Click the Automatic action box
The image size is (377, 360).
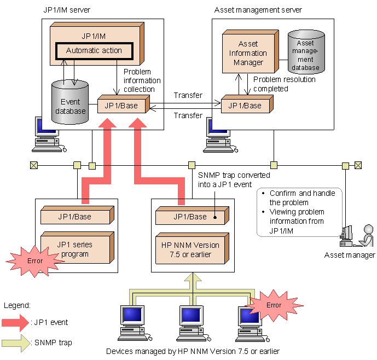pyautogui.click(x=94, y=51)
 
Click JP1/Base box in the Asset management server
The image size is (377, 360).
pyautogui.click(x=245, y=105)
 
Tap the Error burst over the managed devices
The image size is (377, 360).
pyautogui.click(x=274, y=305)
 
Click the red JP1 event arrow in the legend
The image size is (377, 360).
pyautogui.click(x=17, y=322)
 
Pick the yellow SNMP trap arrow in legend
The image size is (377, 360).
pyautogui.click(x=17, y=343)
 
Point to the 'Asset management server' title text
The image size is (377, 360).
pyautogui.click(x=258, y=10)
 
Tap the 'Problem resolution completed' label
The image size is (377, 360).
pyautogui.click(x=285, y=84)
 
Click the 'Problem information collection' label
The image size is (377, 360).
pyautogui.click(x=142, y=80)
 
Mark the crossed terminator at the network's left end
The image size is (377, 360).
pyautogui.click(x=33, y=165)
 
